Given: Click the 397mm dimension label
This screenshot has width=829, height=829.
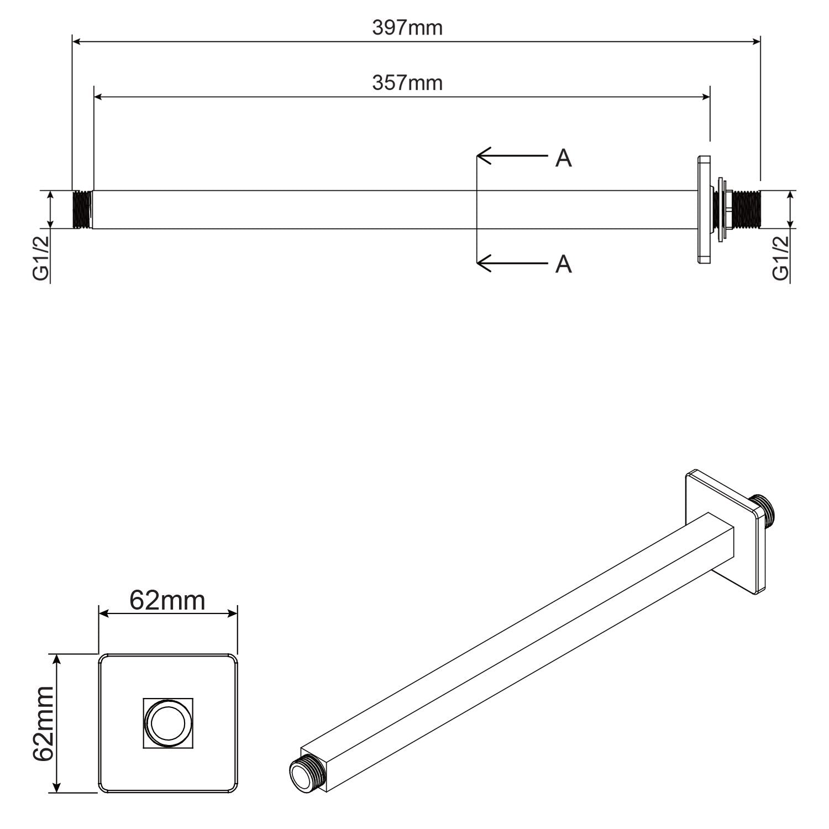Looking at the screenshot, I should (407, 28).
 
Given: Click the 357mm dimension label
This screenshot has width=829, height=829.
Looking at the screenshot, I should (407, 83).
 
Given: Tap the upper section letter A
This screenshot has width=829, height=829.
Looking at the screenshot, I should (563, 159).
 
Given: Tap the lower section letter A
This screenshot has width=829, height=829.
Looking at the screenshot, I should (563, 264).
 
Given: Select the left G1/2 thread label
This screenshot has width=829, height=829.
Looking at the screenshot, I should (42, 257).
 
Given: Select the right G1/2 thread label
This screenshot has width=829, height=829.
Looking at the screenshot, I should (780, 257).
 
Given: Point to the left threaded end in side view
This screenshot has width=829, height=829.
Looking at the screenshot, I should (82, 209).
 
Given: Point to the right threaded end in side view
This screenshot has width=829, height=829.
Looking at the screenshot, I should (747, 209).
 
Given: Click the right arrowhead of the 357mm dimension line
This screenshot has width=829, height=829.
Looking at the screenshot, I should (706, 97).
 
